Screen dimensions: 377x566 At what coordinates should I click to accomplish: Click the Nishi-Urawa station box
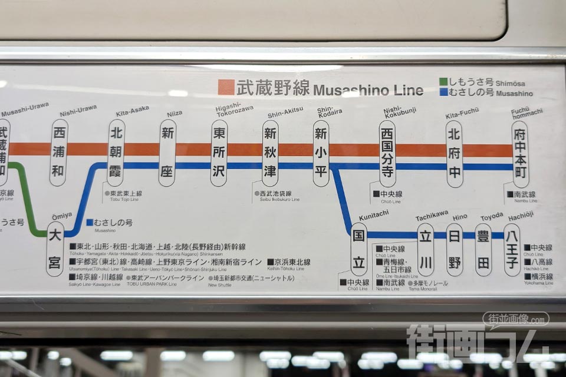pyautogui.click(x=58, y=153)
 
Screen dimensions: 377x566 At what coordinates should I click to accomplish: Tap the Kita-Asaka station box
pyautogui.click(x=116, y=153)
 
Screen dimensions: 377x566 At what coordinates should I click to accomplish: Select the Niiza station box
pyautogui.click(x=167, y=153)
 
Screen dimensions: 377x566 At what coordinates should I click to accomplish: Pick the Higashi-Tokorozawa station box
pyautogui.click(x=219, y=153)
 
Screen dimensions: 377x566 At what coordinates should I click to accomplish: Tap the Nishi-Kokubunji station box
pyautogui.click(x=387, y=154)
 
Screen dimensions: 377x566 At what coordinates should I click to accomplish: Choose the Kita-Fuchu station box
pyautogui.click(x=454, y=154)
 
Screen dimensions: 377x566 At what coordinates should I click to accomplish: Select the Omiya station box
pyautogui.click(x=55, y=249)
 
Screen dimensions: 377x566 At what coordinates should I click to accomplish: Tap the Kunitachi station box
pyautogui.click(x=358, y=249)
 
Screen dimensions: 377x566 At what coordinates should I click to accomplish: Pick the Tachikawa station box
pyautogui.click(x=426, y=250)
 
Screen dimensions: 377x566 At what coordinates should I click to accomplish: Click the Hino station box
pyautogui.click(x=455, y=250)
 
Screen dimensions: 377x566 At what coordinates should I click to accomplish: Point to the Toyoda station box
pyautogui.click(x=483, y=250)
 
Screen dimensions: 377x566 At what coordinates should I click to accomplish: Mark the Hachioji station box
pyautogui.click(x=512, y=250)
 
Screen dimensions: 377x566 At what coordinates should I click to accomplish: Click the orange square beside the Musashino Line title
pyautogui.click(x=226, y=87)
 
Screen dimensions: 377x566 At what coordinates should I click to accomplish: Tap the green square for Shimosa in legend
pyautogui.click(x=443, y=82)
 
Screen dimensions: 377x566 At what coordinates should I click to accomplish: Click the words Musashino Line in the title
pyautogui.click(x=368, y=90)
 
